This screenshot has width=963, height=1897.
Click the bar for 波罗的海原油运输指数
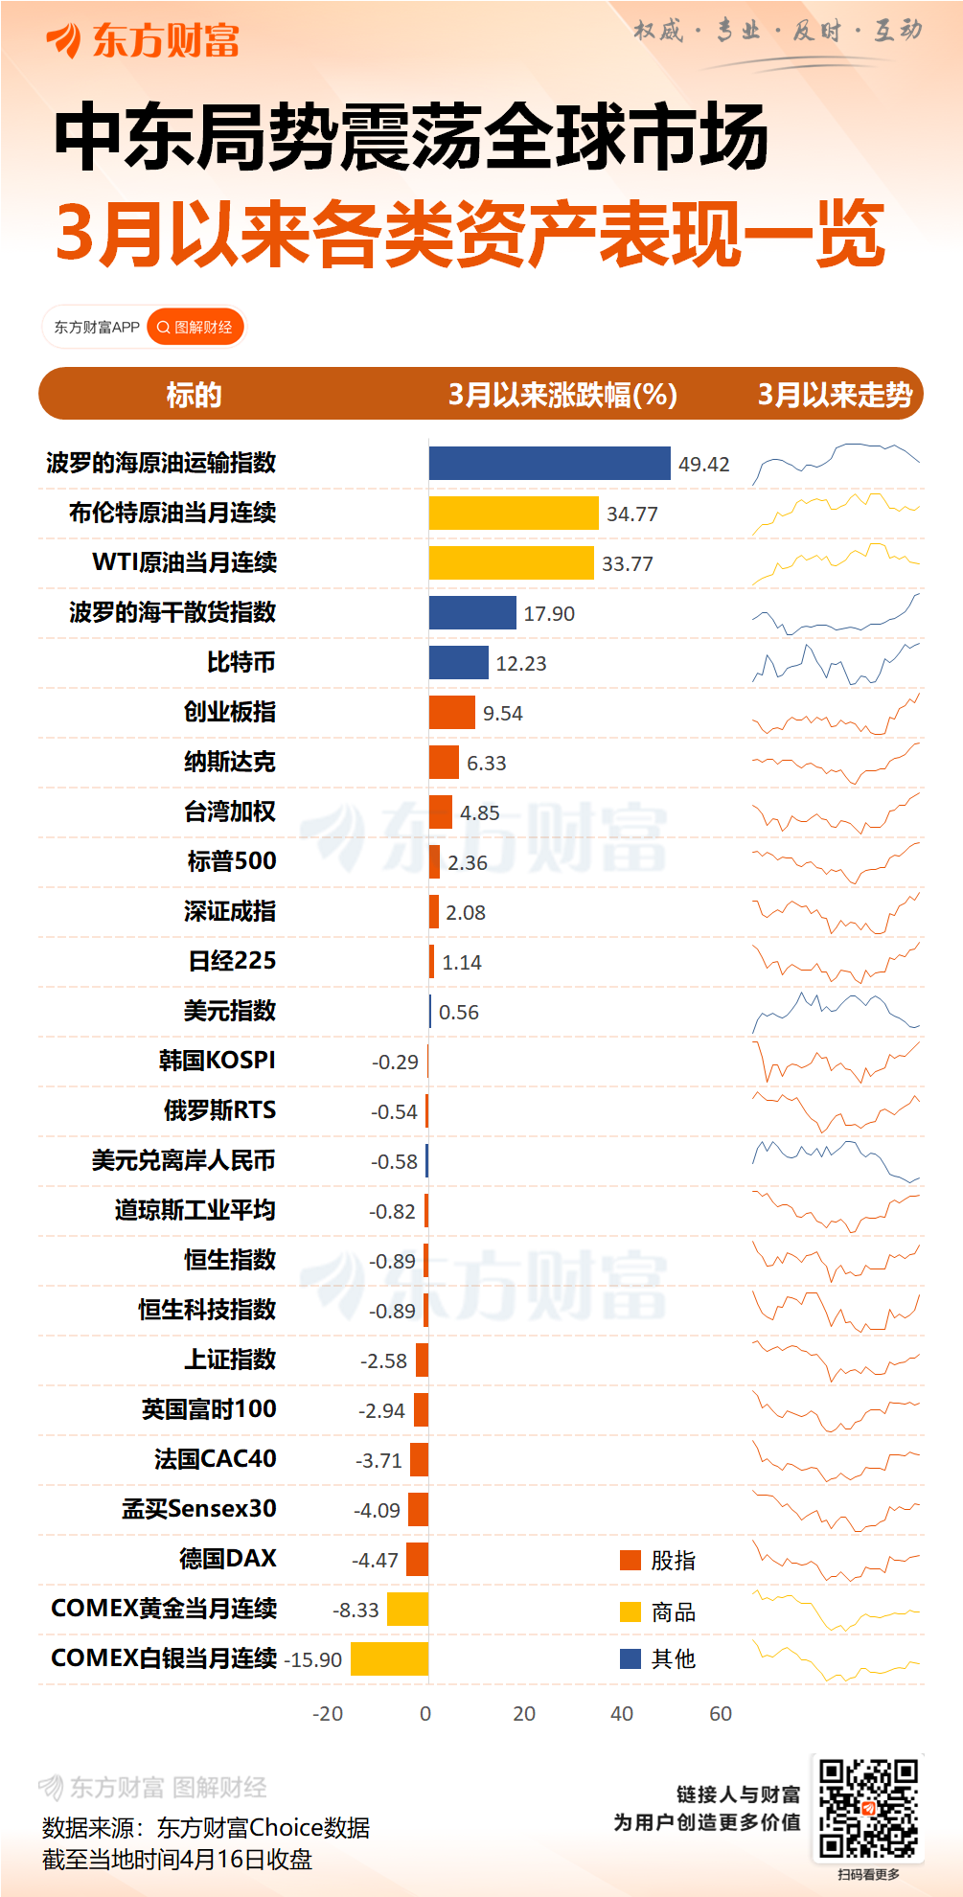click(x=549, y=464)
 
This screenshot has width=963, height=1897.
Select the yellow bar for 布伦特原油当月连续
click(x=514, y=514)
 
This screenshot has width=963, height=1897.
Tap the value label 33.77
click(x=628, y=564)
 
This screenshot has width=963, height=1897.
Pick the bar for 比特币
click(x=458, y=663)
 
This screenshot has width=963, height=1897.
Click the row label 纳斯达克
click(x=230, y=763)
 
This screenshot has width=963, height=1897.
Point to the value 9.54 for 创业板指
click(x=503, y=714)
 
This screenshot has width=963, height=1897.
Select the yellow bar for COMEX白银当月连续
click(x=389, y=1659)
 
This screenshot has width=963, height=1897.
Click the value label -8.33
click(x=355, y=1611)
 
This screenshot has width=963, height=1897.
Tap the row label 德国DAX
click(x=228, y=1559)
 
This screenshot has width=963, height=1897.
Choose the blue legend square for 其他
click(x=631, y=1658)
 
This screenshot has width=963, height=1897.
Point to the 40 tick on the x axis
click(x=622, y=1714)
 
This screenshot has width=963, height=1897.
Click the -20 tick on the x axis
click(x=328, y=1714)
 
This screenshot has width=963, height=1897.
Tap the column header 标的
click(x=194, y=395)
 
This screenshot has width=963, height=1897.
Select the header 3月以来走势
click(x=835, y=395)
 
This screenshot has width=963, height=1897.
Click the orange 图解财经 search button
click(x=195, y=328)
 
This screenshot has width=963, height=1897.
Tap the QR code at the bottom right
click(x=868, y=1808)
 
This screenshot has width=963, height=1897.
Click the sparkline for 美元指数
click(x=836, y=1012)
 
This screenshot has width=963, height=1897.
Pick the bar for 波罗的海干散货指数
click(x=472, y=613)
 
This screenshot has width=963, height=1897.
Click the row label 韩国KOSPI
click(x=218, y=1061)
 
